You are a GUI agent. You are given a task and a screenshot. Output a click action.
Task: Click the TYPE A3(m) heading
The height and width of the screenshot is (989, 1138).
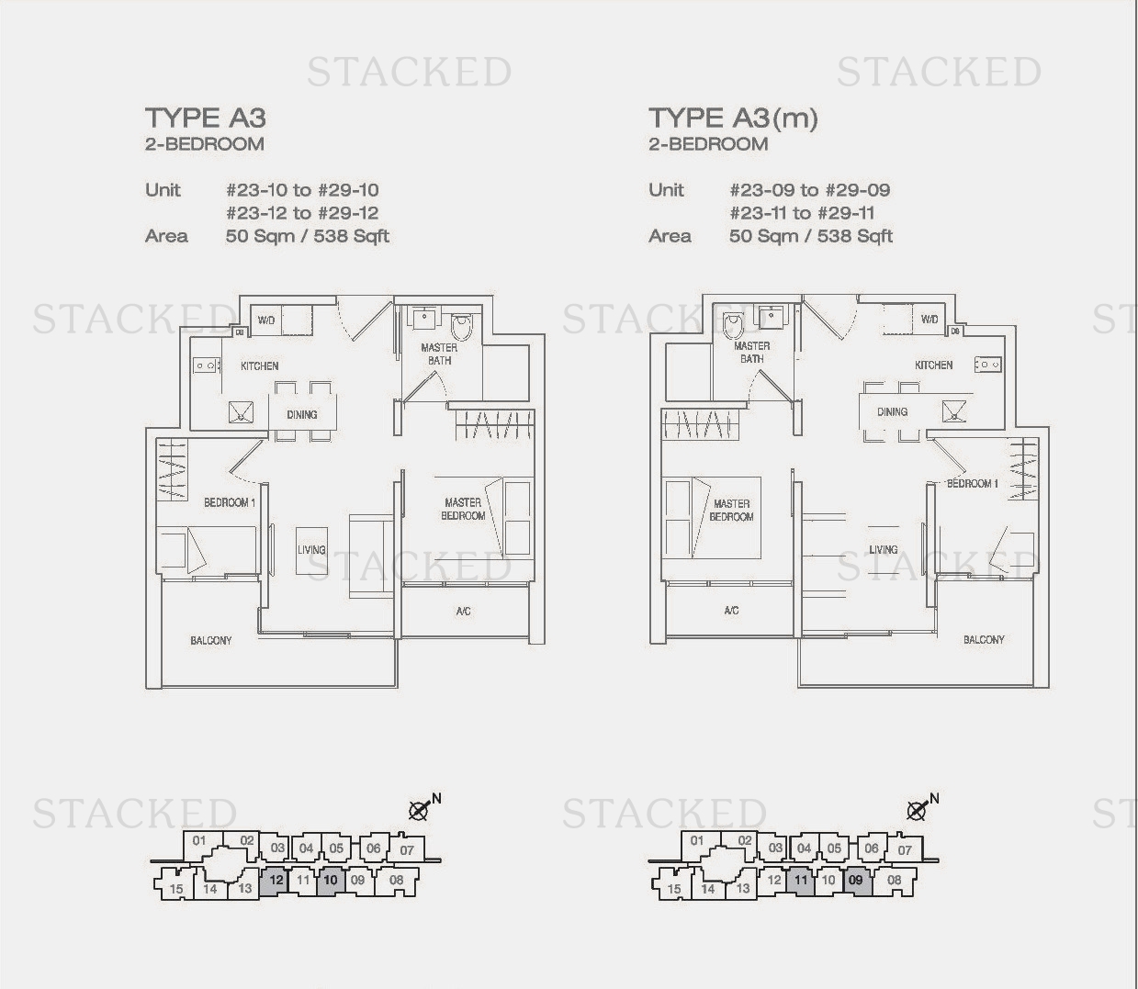tap(733, 118)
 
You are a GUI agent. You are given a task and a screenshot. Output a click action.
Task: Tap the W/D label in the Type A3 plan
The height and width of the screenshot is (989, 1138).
tap(266, 320)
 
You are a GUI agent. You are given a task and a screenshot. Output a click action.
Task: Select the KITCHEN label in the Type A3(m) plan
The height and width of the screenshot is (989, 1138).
tap(934, 365)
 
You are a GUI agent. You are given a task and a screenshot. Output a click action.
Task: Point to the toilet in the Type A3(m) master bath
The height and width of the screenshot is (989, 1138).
tap(734, 326)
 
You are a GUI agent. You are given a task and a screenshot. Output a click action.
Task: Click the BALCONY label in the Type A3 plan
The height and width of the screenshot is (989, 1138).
tap(211, 640)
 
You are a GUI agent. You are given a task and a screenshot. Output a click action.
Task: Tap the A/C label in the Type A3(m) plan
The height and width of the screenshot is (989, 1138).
tap(731, 611)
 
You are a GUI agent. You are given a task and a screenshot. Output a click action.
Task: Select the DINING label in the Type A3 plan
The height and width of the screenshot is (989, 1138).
tap(302, 415)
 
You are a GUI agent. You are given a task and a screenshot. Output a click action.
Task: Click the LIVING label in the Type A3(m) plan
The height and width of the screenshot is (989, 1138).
tap(884, 549)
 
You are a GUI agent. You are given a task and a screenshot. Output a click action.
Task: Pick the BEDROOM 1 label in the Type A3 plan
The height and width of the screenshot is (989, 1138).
tap(230, 502)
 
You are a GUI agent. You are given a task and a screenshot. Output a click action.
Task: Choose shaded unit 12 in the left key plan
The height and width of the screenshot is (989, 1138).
tap(276, 880)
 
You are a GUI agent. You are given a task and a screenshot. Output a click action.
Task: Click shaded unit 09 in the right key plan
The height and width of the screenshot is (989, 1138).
tap(856, 880)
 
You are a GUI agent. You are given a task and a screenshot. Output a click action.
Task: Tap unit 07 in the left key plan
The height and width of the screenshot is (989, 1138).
tap(407, 849)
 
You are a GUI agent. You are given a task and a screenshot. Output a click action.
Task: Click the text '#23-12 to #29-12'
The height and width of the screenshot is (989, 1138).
tap(302, 213)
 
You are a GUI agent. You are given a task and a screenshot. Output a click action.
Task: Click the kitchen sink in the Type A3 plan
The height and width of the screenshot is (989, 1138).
tap(241, 412)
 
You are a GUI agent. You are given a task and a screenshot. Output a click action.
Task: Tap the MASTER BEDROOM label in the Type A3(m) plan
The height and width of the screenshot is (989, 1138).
tap(731, 511)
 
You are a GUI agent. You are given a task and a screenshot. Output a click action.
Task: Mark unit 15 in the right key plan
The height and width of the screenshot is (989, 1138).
tap(673, 888)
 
